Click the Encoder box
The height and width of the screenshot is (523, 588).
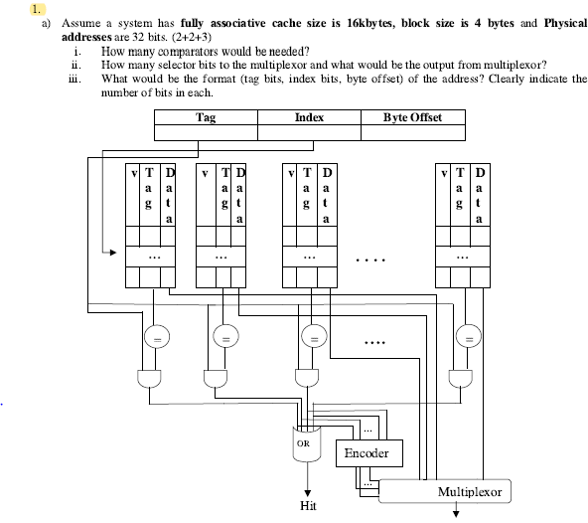pos(371,453)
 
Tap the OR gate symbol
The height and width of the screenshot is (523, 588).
pos(306,444)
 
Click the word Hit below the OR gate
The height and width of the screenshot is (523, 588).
pos(308,506)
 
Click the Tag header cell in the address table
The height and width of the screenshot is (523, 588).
pos(206,117)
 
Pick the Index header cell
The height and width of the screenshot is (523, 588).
pos(309,117)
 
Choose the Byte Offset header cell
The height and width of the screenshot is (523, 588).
pos(412,117)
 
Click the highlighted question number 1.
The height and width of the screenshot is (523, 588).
pos(37,8)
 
